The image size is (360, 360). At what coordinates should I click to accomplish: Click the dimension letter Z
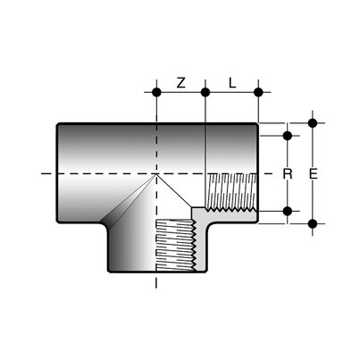click(x=180, y=82)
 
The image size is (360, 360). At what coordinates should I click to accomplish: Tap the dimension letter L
click(x=232, y=82)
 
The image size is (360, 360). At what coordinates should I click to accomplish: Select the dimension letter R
click(x=287, y=173)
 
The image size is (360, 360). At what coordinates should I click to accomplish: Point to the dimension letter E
click(x=313, y=173)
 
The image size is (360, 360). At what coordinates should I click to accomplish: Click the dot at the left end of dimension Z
click(x=157, y=92)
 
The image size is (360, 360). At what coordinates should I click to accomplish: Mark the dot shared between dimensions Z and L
click(x=206, y=92)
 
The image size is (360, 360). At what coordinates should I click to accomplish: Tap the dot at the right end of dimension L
click(x=258, y=92)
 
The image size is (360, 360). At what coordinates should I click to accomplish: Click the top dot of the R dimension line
click(x=287, y=136)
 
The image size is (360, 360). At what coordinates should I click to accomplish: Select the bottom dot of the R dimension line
click(x=287, y=211)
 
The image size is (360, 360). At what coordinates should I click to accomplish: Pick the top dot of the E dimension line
click(x=313, y=123)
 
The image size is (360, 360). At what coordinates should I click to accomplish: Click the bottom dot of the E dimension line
click(x=313, y=222)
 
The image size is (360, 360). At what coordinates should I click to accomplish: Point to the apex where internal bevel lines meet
click(x=158, y=174)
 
